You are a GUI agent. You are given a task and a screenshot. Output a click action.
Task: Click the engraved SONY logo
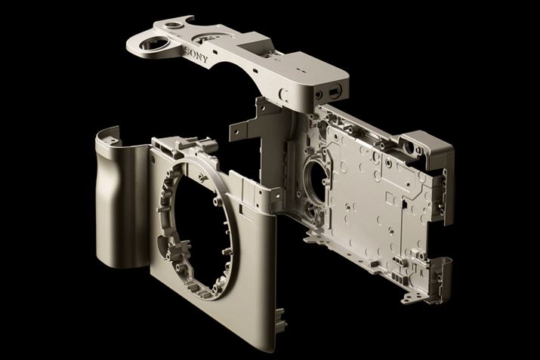(196, 55)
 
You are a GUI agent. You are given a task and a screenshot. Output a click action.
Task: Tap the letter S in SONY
(187, 51)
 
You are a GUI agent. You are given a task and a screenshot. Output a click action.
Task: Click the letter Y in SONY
(205, 60)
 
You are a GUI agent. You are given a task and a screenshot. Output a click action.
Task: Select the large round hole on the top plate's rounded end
(154, 43)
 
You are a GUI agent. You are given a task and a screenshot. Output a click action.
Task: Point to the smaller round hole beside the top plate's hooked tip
(173, 25)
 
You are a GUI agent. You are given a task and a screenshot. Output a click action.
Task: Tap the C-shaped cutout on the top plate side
(284, 94)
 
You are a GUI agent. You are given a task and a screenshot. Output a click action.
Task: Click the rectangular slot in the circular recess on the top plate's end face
(334, 91)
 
